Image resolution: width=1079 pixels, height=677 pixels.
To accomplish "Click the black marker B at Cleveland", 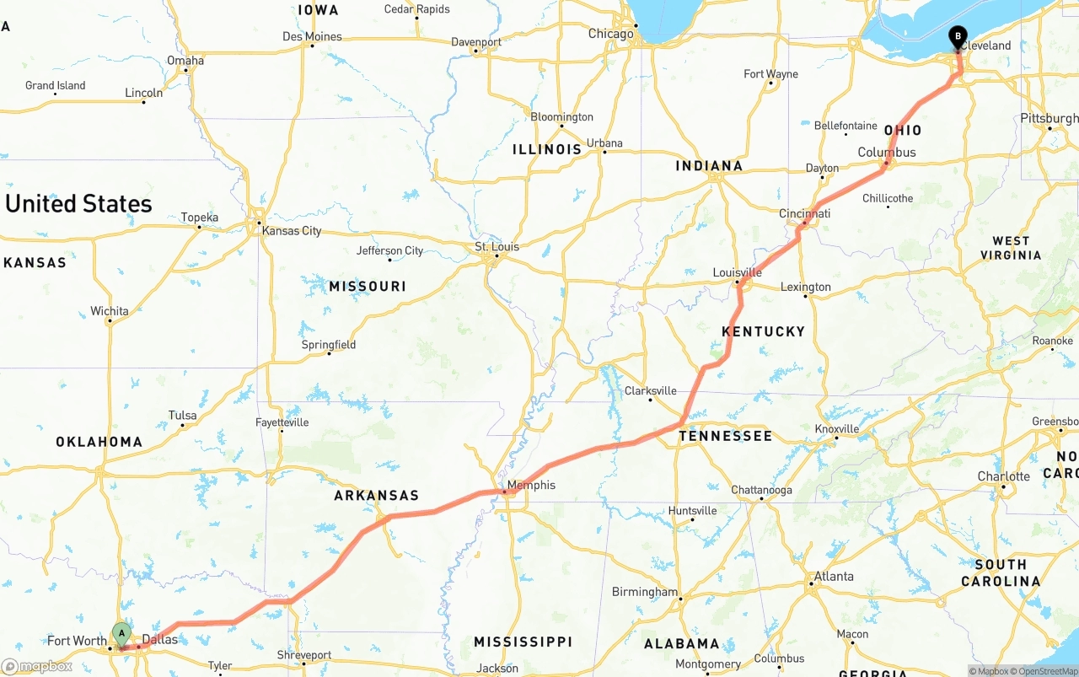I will pos(958,37).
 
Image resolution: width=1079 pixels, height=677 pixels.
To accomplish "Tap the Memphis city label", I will pos(531,485).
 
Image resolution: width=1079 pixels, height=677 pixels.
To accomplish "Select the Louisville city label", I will pos(737,272).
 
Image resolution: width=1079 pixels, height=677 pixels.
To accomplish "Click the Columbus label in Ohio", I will pos(886,153).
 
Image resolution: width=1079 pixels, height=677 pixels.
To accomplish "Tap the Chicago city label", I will pos(610,34).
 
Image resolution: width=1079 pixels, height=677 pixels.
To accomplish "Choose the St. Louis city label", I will pos(497,247).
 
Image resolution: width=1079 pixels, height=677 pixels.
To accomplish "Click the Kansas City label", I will pos(291,231).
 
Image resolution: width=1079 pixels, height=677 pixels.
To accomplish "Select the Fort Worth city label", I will pos(77,641).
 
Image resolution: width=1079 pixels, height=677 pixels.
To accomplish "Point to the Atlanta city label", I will pos(833,577).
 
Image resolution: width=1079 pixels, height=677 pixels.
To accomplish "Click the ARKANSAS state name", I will pos(376,496).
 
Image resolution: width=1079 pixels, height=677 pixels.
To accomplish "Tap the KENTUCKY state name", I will pos(763,331).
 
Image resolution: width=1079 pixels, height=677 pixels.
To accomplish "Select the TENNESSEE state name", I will pos(725,436).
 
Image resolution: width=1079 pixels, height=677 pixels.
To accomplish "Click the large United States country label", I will pos(78,204).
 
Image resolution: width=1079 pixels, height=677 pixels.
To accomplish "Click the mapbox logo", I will pos(37,666).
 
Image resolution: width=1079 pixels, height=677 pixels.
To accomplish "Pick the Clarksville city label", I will pos(650,390).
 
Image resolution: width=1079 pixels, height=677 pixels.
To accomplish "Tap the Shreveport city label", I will pos(304,655).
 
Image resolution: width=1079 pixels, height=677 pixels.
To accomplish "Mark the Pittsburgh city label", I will pos(1049,118).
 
